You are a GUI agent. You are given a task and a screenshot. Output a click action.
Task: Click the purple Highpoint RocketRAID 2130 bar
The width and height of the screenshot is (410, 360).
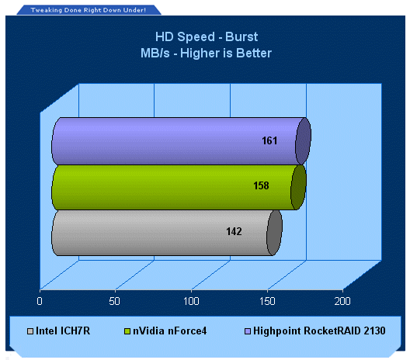(181, 141)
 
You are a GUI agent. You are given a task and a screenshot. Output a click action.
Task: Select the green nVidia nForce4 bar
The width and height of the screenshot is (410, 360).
(179, 187)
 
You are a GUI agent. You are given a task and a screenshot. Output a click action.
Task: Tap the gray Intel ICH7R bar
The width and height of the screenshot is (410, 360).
(167, 233)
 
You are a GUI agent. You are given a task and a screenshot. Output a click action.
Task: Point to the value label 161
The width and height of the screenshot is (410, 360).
(269, 140)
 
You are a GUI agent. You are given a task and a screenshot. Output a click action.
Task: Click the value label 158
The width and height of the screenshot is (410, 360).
(261, 185)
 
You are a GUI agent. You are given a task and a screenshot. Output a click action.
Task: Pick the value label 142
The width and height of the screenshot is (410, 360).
(234, 231)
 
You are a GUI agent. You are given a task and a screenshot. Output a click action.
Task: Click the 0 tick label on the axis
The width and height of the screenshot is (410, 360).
(40, 301)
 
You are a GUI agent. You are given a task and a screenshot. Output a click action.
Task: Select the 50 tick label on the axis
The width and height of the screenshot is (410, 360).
(114, 301)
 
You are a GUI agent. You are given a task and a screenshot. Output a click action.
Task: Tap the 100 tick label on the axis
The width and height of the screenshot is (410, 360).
(191, 301)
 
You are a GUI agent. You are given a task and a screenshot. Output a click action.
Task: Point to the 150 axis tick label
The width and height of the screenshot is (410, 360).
(267, 301)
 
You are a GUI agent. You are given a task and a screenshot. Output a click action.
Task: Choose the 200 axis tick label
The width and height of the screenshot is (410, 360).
(342, 301)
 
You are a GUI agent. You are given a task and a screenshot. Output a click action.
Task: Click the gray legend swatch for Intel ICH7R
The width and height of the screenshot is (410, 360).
(30, 331)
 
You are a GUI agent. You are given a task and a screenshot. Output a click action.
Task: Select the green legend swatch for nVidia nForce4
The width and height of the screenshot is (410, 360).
(127, 331)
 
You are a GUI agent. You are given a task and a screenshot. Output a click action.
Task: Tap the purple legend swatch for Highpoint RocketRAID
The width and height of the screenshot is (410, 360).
(248, 331)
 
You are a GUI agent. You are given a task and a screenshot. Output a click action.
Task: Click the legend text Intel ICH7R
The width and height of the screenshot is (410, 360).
(63, 331)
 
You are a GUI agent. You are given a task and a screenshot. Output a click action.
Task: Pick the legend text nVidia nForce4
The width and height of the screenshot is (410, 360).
(170, 331)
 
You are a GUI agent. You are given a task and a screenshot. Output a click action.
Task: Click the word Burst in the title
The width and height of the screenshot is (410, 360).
(241, 36)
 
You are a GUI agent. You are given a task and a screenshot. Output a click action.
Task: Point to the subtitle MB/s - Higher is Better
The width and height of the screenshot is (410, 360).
(206, 53)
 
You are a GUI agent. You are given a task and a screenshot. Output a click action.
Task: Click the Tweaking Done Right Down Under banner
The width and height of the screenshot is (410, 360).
(89, 10)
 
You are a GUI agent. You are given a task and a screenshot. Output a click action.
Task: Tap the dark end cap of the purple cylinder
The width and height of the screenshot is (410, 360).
(303, 141)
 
